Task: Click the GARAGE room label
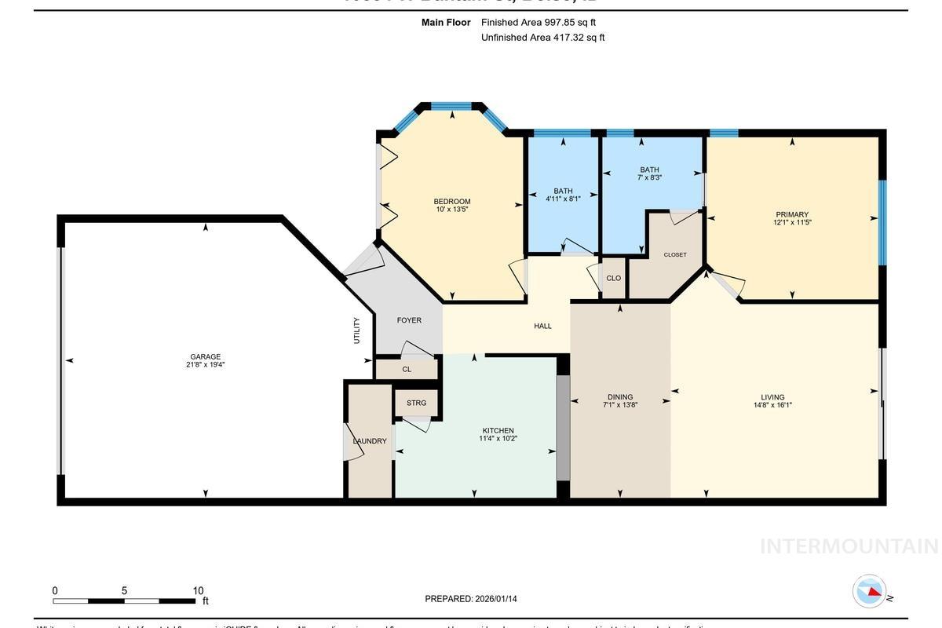[x=205, y=356]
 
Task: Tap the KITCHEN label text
[x=498, y=430]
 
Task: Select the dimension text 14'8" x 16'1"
[x=772, y=406]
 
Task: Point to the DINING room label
[x=619, y=397]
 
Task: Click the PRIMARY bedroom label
[x=791, y=214]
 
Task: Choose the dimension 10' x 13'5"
[x=452, y=210]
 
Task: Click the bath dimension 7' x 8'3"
[x=649, y=178]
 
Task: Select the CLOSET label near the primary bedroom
[x=675, y=254]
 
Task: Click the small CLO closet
[x=614, y=278]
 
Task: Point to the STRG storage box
[x=416, y=403]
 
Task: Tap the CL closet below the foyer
[x=407, y=369]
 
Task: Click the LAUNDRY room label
[x=369, y=441]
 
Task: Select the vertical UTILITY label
[x=356, y=330]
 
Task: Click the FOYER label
[x=409, y=320]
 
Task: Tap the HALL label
[x=542, y=326]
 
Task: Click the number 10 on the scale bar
[x=198, y=591]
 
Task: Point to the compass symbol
[x=870, y=591]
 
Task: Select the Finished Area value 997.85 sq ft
[x=575, y=23]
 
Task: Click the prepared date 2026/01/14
[x=495, y=599]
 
